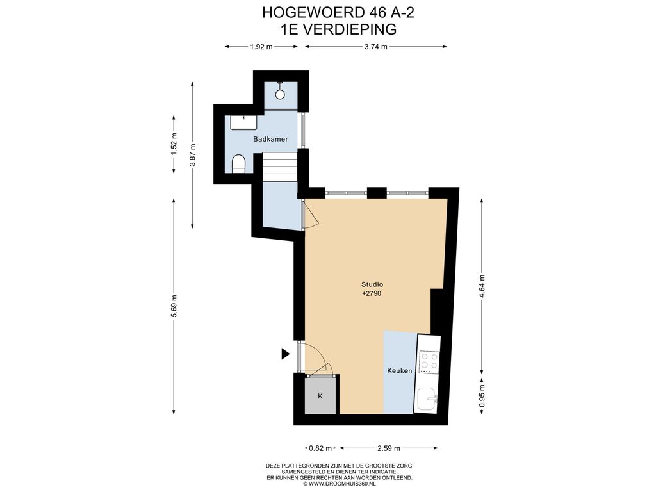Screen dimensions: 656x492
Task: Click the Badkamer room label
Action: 270,139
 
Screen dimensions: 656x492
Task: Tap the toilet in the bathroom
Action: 238,163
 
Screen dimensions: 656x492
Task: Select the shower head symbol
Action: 280,92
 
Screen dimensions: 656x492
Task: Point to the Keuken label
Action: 400,371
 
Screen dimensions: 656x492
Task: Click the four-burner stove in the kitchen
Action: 429,363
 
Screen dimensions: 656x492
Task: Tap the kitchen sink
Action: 427,399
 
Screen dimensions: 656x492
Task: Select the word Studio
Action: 372,284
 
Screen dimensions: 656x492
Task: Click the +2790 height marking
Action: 372,293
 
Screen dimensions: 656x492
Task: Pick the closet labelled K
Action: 320,396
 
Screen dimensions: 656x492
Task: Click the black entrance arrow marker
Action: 285,354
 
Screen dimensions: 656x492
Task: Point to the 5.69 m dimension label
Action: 174,306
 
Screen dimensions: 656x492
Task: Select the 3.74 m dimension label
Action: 375,47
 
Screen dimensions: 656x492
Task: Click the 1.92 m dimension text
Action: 261,47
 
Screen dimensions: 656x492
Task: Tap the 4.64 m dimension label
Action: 482,286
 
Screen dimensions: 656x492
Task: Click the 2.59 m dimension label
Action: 389,448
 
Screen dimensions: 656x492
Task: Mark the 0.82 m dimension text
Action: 320,448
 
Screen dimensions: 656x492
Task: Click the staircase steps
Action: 279,167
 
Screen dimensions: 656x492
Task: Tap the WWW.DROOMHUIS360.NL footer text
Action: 339,484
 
